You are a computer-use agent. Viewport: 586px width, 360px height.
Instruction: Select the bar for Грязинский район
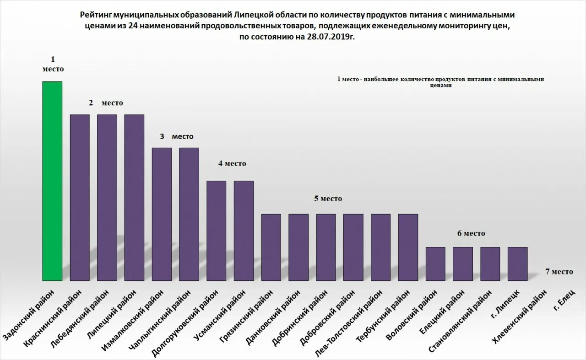point(271,247)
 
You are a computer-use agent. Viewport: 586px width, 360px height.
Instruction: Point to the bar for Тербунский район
point(408,247)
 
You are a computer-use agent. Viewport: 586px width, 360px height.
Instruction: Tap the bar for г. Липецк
point(517,263)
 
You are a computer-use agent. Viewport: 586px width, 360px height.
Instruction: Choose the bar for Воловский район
point(435,263)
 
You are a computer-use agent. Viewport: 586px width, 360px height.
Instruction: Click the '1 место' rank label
point(53,64)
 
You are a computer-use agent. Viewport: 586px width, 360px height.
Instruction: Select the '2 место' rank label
point(106,103)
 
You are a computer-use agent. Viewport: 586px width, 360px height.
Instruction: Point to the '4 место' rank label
point(232,163)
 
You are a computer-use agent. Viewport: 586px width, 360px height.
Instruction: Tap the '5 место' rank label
point(328,199)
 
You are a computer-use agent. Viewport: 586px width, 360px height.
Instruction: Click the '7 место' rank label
point(559,271)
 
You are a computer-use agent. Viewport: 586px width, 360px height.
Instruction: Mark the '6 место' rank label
point(471,233)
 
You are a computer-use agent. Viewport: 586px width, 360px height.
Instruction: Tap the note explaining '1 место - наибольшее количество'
point(440,82)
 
